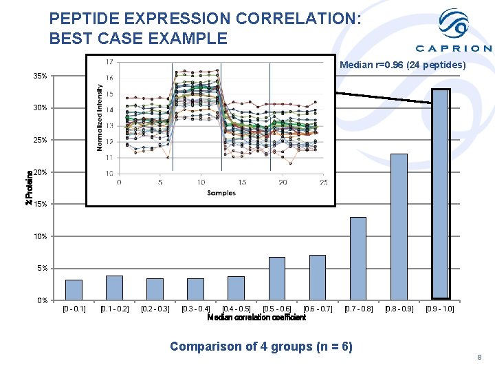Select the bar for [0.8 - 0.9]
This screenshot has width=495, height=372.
399,227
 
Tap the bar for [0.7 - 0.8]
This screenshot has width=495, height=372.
358,258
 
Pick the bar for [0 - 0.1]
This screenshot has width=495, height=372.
74,289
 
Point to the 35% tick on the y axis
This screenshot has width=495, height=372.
41,76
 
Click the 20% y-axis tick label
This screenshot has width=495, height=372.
41,172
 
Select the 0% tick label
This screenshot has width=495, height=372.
43,300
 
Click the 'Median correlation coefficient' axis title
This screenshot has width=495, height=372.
256,318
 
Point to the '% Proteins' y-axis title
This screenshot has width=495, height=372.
29,188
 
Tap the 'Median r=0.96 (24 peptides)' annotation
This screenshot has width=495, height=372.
403,65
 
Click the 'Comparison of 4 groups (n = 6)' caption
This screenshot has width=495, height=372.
261,347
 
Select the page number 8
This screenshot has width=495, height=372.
480,358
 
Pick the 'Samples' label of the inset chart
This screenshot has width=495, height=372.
221,193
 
